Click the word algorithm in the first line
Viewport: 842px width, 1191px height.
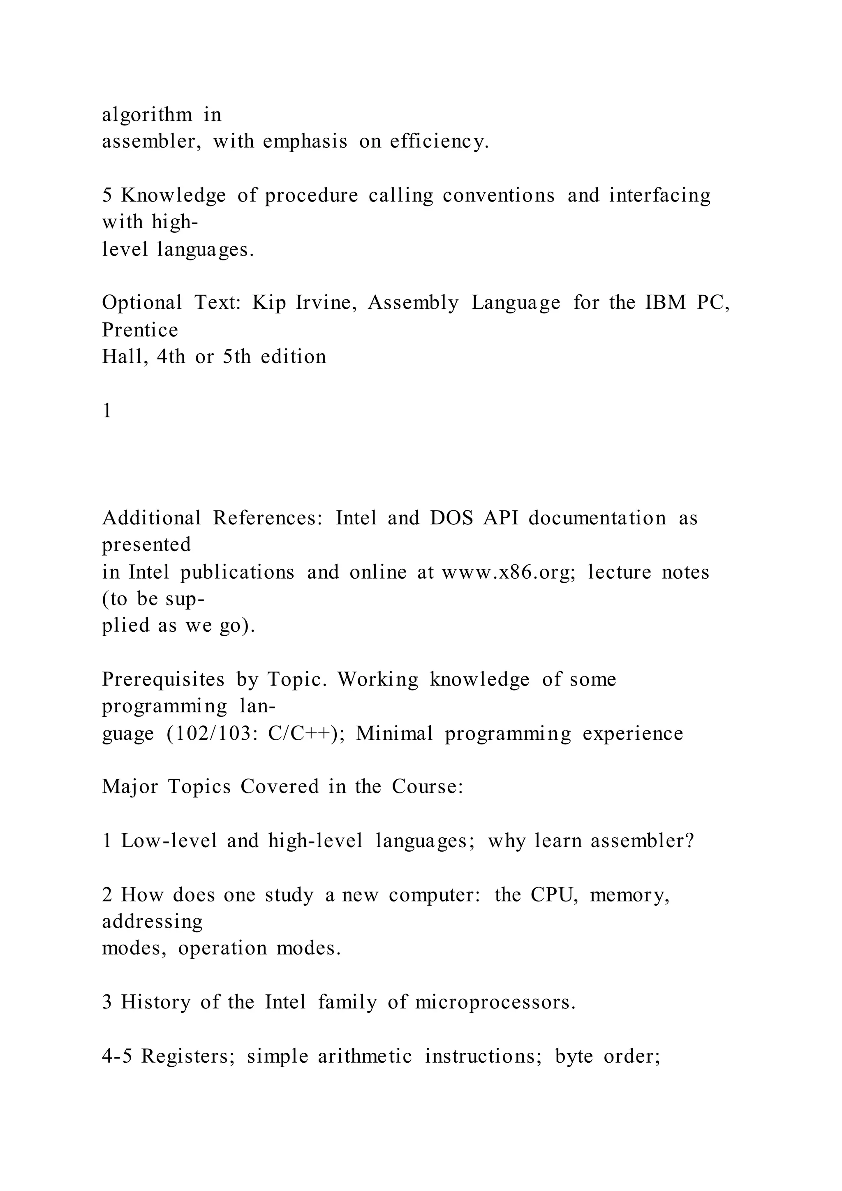click(147, 115)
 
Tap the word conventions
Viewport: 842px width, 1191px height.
click(498, 196)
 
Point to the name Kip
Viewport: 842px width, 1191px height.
click(269, 303)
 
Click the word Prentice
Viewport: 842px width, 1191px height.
click(140, 330)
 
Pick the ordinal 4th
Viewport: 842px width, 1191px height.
click(171, 357)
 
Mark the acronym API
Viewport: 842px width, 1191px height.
click(501, 518)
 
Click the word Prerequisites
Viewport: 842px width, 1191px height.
click(163, 679)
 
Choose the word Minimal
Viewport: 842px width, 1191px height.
click(394, 734)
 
